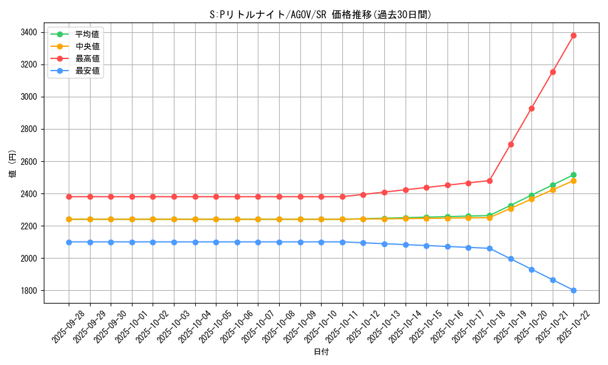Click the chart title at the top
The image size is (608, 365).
click(320, 15)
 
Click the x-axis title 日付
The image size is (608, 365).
click(320, 352)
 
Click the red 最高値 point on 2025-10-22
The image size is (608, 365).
click(573, 35)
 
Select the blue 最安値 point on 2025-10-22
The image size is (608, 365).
click(573, 290)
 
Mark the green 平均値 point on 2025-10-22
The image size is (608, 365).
click(573, 175)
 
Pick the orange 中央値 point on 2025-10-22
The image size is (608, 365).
click(573, 181)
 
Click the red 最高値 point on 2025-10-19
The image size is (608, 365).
click(511, 144)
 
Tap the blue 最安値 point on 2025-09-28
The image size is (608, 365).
click(69, 242)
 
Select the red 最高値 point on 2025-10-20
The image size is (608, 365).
click(531, 108)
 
